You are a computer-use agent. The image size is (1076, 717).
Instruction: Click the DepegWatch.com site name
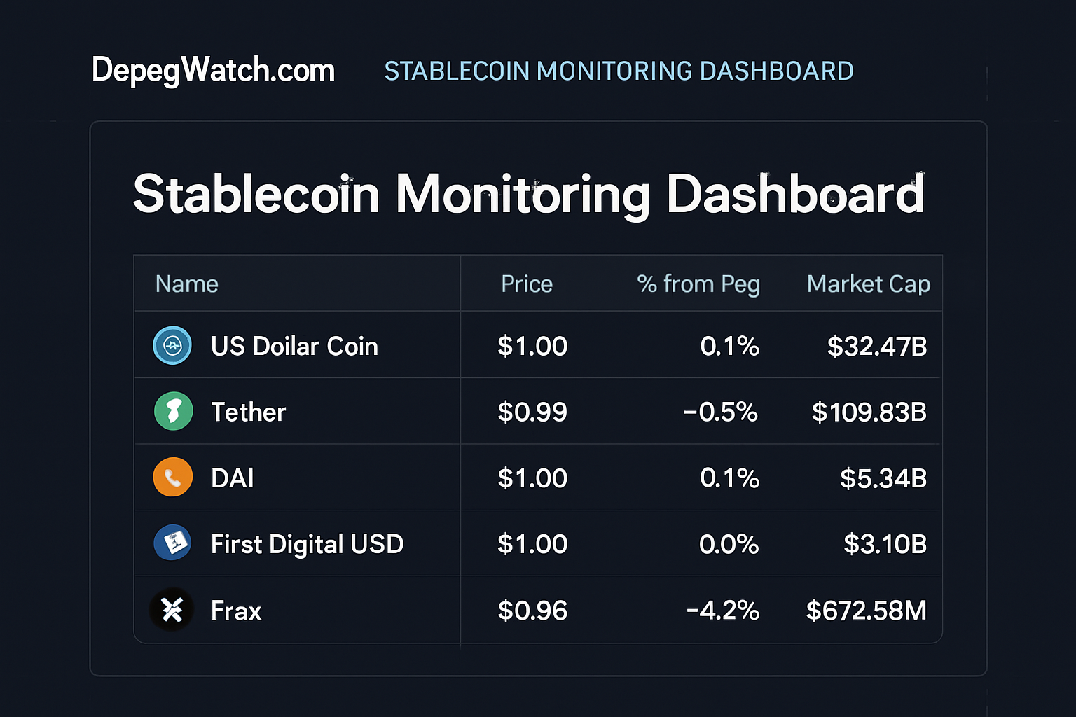(x=213, y=71)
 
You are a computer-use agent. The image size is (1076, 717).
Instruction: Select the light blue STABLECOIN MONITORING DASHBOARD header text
(x=619, y=71)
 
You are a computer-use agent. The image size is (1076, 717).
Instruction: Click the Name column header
(x=186, y=284)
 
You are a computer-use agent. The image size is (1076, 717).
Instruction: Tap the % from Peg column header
(x=698, y=284)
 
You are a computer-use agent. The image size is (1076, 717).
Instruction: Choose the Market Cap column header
(x=868, y=284)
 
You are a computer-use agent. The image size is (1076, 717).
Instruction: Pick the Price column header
(x=527, y=284)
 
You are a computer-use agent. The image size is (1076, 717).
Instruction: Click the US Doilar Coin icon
(x=172, y=345)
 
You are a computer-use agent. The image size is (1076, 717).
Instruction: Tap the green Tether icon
(x=173, y=411)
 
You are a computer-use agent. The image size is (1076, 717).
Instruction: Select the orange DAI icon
(x=172, y=478)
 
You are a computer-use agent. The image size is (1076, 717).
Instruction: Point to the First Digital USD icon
(x=172, y=543)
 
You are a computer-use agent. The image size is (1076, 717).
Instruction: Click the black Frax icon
(x=172, y=610)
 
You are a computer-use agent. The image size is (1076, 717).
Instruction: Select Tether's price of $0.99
(x=532, y=412)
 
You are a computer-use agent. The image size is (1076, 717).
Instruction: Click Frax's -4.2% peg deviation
(x=723, y=611)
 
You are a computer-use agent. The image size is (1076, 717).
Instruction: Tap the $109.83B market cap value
(x=869, y=412)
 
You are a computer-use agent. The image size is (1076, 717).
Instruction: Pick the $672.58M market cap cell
(x=866, y=611)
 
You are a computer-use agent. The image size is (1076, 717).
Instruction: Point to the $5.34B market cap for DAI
(x=883, y=478)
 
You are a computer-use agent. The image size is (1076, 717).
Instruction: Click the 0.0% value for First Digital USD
(x=729, y=544)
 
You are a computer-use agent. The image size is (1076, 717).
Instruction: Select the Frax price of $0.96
(x=532, y=611)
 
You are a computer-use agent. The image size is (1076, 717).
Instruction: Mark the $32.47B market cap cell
(x=876, y=346)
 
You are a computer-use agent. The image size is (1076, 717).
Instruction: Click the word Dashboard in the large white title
(x=795, y=194)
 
